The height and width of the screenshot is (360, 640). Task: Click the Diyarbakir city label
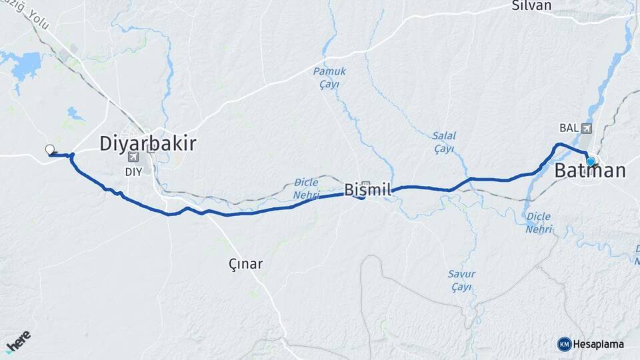[x=147, y=143]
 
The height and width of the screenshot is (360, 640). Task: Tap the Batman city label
[x=590, y=171]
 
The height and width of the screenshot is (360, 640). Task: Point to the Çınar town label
[x=245, y=264]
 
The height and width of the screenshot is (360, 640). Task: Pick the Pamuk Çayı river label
[x=327, y=77]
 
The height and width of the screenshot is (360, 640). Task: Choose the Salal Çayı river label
[x=443, y=142]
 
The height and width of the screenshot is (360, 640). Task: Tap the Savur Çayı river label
[x=461, y=281]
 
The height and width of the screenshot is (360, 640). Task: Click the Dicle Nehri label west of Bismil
[x=306, y=189]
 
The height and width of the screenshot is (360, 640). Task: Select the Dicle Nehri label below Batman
[x=539, y=223]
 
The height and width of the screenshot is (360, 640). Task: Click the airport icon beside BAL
[x=586, y=128]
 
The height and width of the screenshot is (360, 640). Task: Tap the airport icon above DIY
[x=134, y=157]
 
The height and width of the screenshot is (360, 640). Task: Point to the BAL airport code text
[x=568, y=128]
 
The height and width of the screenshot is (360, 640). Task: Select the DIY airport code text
[x=134, y=171]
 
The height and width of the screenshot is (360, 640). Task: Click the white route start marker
[x=49, y=149]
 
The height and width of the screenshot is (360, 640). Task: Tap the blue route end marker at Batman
[x=590, y=161]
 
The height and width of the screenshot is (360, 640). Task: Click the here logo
[x=18, y=341]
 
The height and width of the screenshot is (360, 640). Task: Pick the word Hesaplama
[x=599, y=344]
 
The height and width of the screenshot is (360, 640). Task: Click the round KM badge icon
[x=565, y=344]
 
